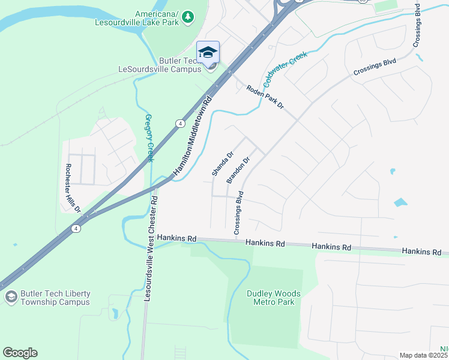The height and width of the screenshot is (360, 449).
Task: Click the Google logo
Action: pos(20,353)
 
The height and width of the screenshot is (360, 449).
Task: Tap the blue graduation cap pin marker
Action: pos(208,53)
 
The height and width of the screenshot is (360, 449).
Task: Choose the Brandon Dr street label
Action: pos(238,171)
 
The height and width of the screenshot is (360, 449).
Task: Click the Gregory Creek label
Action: pos(149,137)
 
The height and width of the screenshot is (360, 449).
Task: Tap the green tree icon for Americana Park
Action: pos(188,16)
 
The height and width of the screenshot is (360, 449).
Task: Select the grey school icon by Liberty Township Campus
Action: pos(10,298)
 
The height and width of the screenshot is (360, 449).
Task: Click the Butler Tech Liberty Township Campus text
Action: pos(55,298)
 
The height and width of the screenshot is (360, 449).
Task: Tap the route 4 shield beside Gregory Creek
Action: pos(179,123)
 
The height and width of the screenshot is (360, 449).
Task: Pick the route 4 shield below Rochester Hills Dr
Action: pos(75,229)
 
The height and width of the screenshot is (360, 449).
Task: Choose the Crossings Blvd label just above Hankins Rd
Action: pos(238,212)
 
